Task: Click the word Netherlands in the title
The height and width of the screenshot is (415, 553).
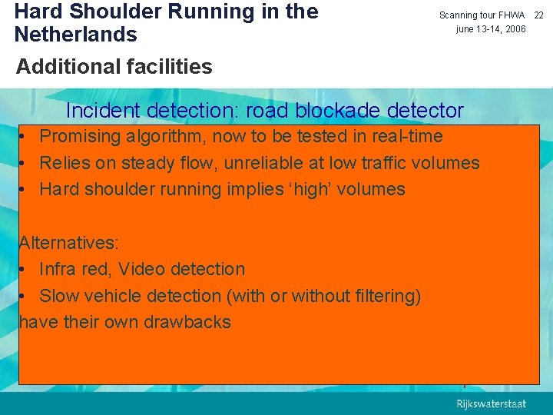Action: point(75,35)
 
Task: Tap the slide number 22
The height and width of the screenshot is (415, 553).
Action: point(539,15)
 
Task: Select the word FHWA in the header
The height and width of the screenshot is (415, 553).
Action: point(510,15)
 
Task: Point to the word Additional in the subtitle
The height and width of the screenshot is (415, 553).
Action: point(59,67)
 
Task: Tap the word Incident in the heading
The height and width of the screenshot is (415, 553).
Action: point(101,111)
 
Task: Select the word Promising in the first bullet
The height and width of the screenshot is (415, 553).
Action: point(80,137)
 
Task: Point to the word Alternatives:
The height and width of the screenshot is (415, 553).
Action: point(69,243)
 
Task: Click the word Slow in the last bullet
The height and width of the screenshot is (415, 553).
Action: point(58,296)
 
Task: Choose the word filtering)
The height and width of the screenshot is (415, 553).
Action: point(387,296)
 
